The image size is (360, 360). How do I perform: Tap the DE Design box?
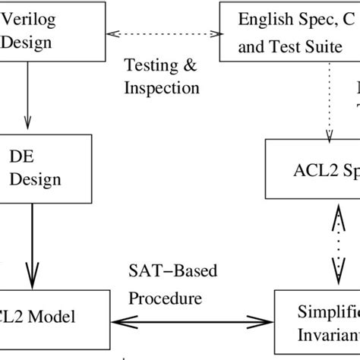45,168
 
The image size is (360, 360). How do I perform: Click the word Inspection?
161,88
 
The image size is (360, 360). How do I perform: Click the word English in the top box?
261,16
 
